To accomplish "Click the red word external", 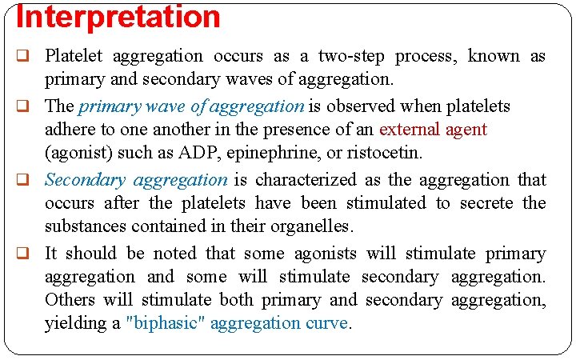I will coord(408,129).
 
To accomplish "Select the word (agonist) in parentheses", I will coord(78,152).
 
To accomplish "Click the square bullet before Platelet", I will coord(23,57).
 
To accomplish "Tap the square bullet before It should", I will coord(23,254).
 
